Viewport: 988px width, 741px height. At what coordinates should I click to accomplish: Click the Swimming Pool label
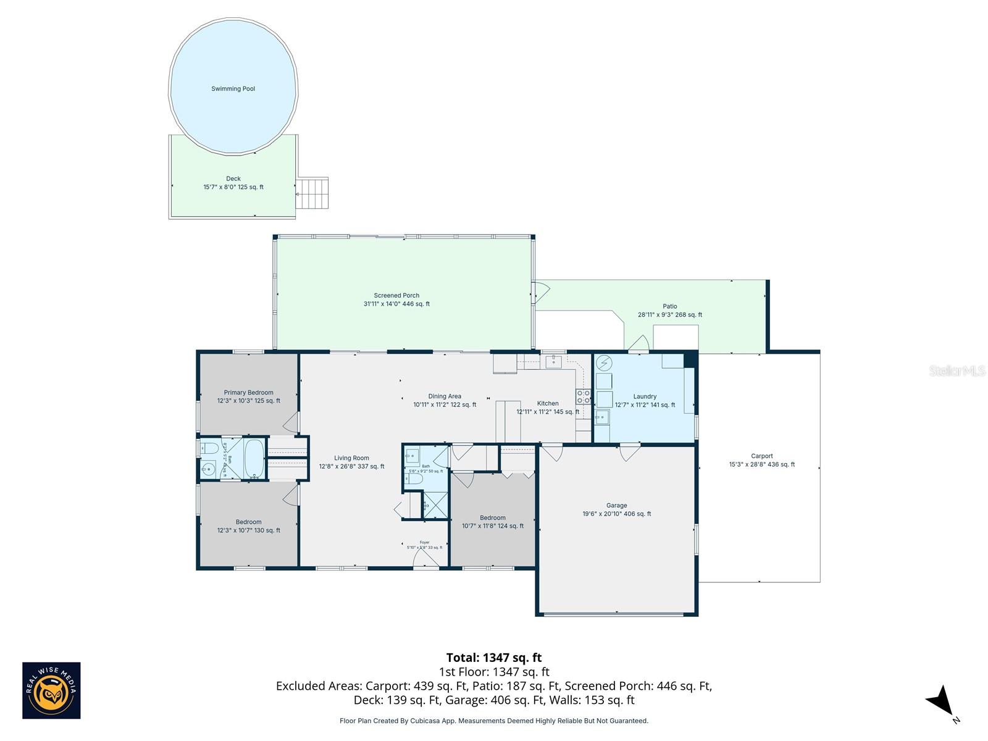click(233, 89)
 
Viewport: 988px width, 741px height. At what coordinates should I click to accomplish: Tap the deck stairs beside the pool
click(312, 193)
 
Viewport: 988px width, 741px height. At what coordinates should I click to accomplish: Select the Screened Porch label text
click(396, 296)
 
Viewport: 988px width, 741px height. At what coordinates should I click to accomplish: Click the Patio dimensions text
click(669, 315)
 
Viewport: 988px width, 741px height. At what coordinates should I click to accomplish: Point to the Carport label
click(761, 456)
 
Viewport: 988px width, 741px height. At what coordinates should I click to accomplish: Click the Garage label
click(616, 506)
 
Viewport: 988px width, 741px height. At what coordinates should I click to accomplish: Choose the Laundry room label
click(645, 397)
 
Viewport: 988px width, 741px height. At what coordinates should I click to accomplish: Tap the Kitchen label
click(547, 404)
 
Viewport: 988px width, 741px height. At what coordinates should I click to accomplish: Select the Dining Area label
click(445, 396)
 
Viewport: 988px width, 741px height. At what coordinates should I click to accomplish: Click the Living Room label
click(351, 458)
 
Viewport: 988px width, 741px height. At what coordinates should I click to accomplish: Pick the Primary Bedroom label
click(248, 393)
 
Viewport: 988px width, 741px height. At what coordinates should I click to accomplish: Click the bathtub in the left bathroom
click(254, 458)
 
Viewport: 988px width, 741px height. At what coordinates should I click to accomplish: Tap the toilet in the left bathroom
click(208, 448)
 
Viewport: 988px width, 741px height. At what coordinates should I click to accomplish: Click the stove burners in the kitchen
click(583, 396)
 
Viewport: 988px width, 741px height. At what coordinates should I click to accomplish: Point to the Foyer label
click(424, 543)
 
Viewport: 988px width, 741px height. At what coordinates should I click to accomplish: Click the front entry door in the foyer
click(425, 559)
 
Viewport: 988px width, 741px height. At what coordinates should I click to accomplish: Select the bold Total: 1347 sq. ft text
click(493, 658)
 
